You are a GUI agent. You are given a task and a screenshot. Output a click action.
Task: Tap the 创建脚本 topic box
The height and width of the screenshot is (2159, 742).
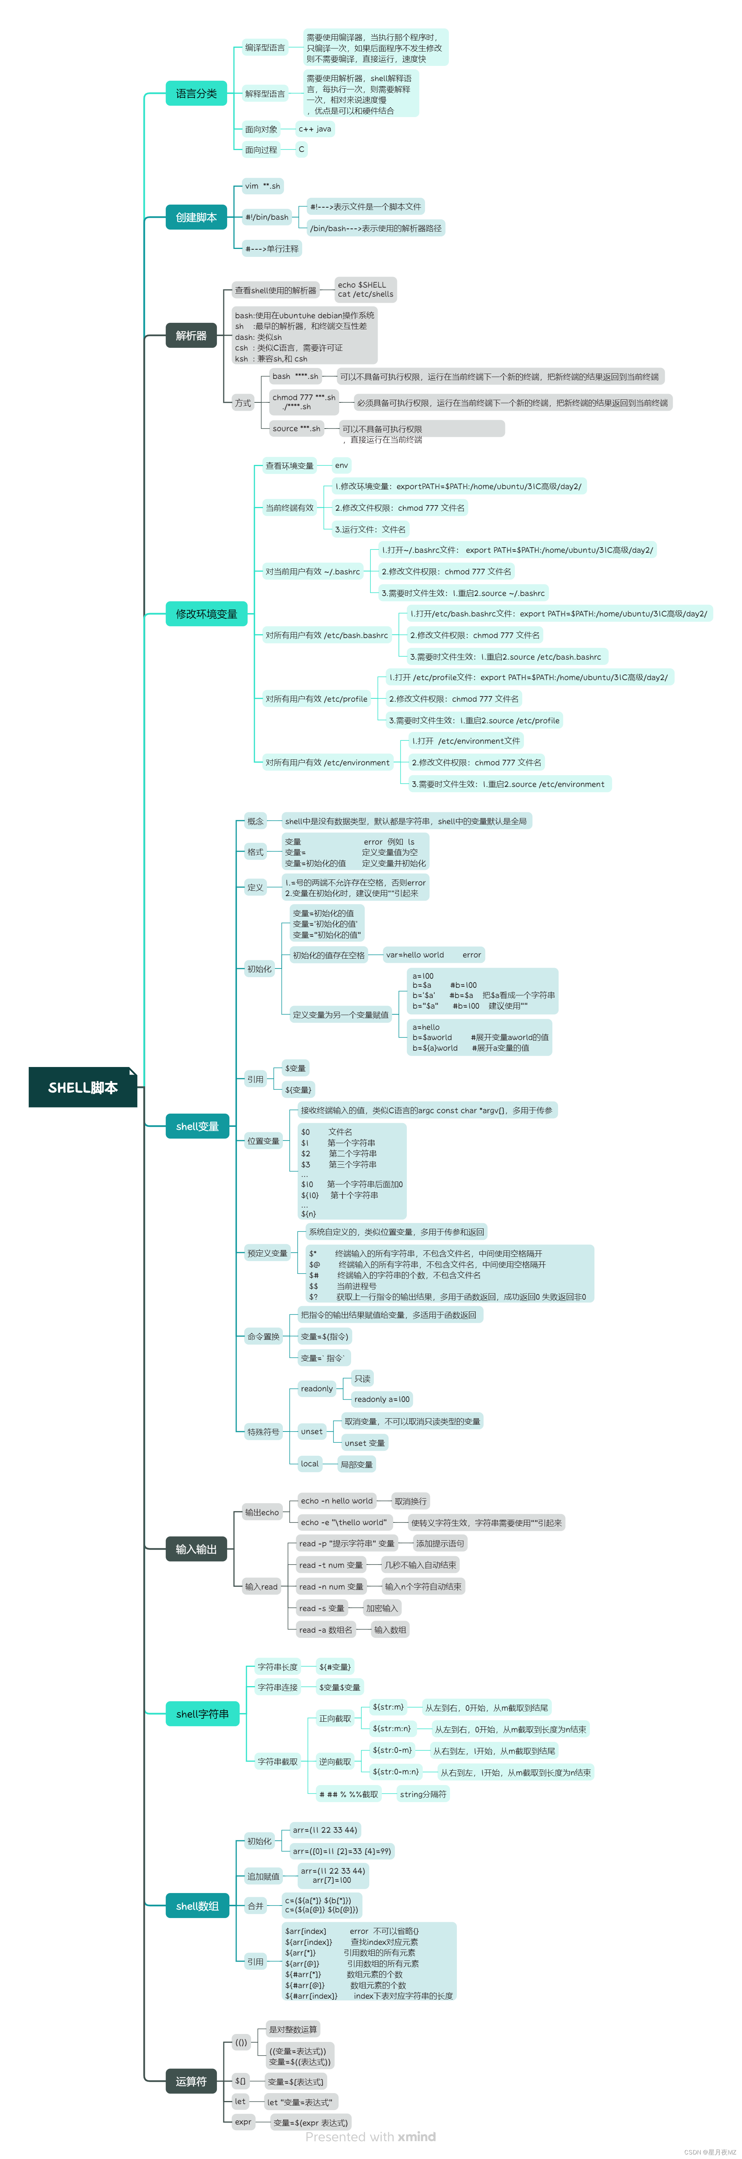[x=196, y=217]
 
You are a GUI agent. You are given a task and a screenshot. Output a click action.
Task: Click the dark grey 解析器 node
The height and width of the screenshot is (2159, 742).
[x=191, y=335]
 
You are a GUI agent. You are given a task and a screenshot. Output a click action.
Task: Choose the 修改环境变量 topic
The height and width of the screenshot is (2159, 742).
[x=206, y=613]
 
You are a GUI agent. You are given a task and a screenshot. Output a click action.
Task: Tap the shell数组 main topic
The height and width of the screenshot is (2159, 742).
[x=197, y=1906]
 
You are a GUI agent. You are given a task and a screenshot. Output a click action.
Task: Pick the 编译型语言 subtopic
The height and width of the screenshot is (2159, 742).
[x=265, y=48]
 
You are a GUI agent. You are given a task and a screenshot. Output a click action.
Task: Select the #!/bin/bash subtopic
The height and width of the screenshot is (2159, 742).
[x=267, y=217]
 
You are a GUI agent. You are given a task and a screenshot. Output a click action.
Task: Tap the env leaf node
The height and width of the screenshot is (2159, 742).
[x=341, y=465]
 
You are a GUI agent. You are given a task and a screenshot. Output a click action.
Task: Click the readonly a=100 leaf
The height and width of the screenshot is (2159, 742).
[x=381, y=1399]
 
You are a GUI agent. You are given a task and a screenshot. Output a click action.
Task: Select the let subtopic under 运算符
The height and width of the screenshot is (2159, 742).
[x=241, y=2101]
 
